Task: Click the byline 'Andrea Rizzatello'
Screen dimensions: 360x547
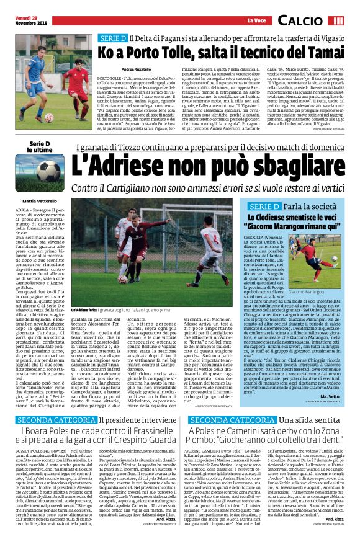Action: coord(137,68)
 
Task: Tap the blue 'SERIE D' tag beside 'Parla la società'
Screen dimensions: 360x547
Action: coord(264,206)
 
